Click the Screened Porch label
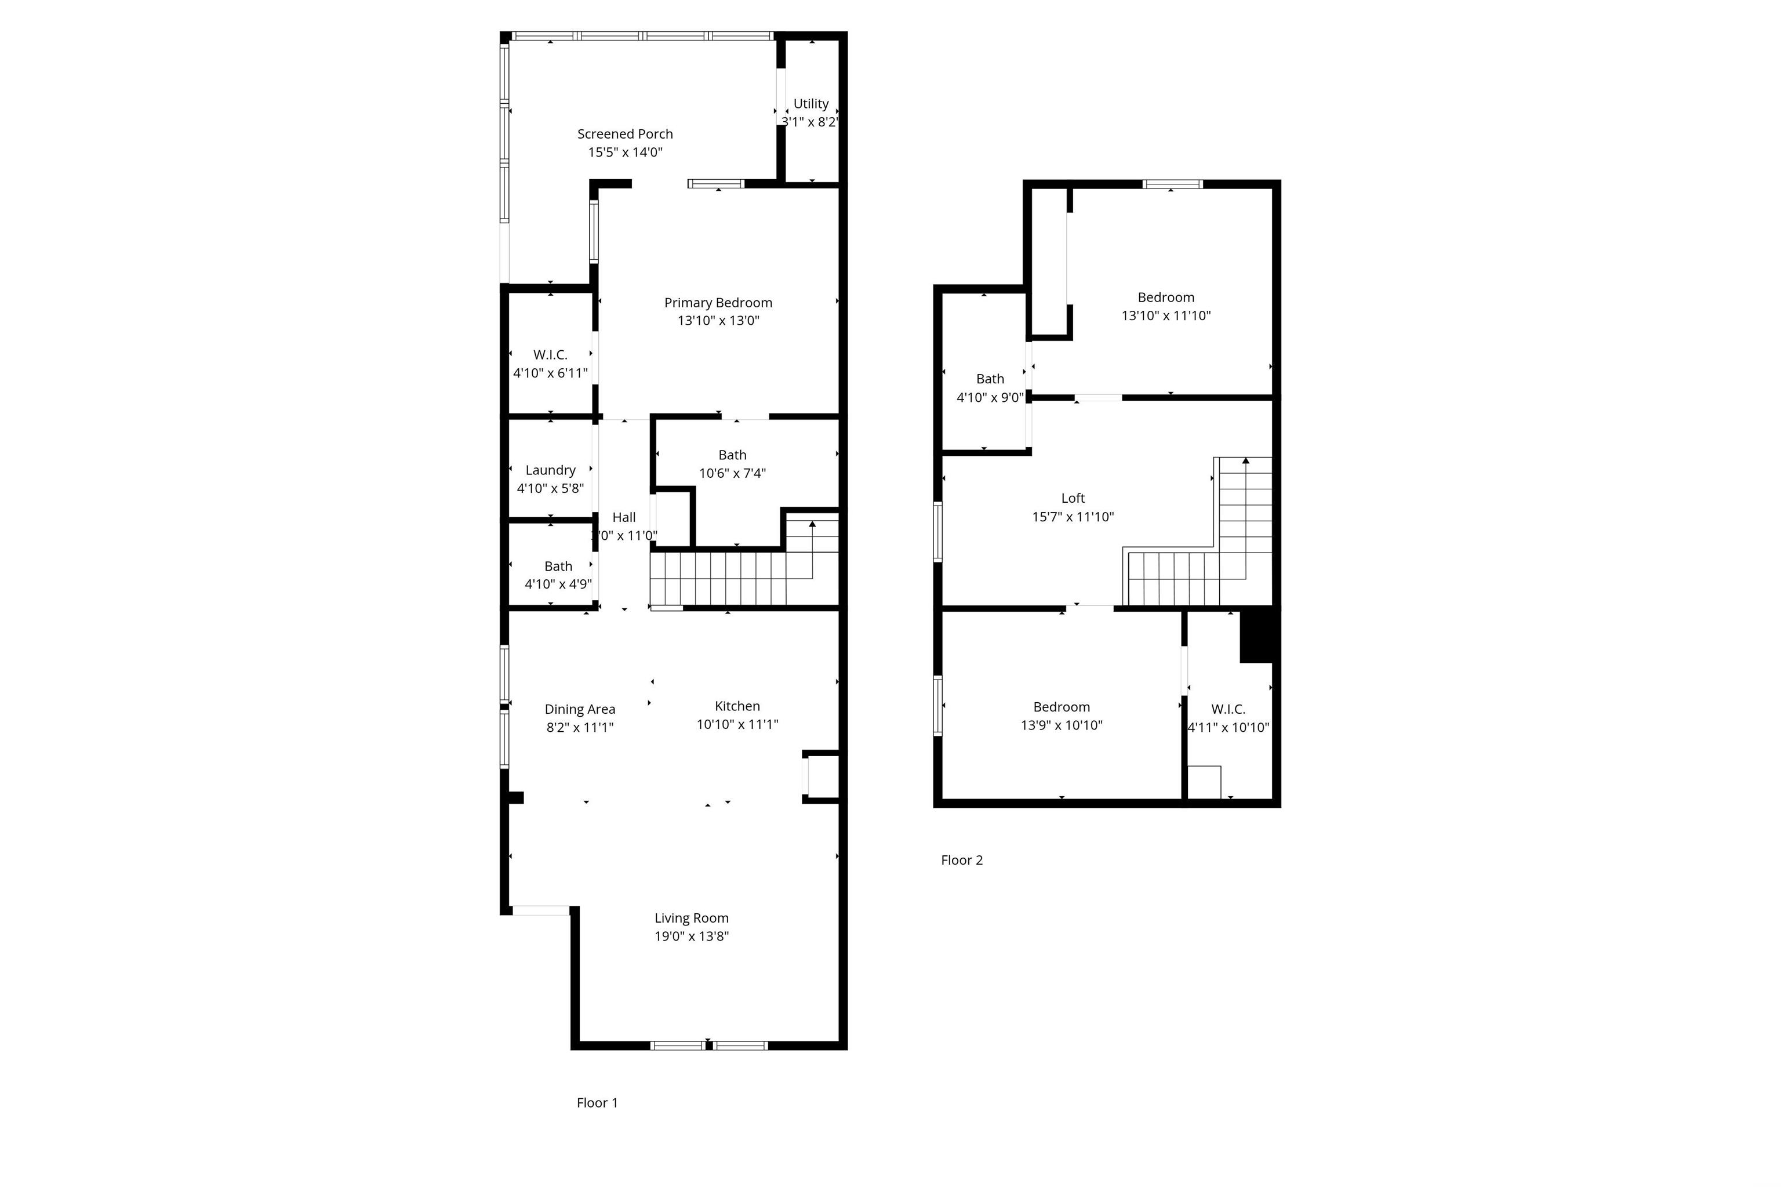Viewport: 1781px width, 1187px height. pos(624,134)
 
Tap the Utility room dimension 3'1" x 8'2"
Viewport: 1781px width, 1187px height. pos(810,122)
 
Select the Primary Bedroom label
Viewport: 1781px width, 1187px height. pos(718,303)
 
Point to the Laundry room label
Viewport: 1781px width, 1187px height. pos(550,470)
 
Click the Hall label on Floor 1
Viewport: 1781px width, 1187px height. pos(624,517)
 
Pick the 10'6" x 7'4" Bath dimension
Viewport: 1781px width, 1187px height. pos(732,473)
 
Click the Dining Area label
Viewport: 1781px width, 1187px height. pos(580,709)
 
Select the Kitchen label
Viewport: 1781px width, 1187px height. pos(737,706)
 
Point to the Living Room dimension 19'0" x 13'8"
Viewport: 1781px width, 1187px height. pos(692,936)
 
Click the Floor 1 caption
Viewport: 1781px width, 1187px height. pos(597,1102)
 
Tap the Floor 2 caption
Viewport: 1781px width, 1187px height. pos(961,859)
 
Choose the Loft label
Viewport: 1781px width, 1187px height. pos(1073,498)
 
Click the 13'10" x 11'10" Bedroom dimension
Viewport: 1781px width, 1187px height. pos(1166,315)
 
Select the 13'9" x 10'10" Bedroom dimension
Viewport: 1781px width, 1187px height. pos(1061,725)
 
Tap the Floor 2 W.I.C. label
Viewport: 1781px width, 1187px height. pos(1228,709)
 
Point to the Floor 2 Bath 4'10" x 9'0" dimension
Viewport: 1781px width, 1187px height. pos(990,397)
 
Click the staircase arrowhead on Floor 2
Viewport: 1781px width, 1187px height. pos(1245,460)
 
